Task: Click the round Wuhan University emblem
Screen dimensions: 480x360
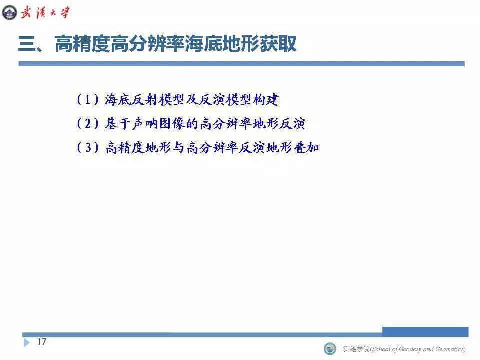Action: coord(10,13)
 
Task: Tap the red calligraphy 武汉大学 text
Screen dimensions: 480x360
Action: coord(45,13)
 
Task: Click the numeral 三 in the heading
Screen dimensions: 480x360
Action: coord(27,44)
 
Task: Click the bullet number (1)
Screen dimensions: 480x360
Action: coord(88,99)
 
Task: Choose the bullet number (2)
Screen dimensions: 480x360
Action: coord(88,123)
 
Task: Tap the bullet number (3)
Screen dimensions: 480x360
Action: coord(88,147)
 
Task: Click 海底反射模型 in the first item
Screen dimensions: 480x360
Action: coord(145,99)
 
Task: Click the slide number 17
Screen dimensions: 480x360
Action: coord(42,341)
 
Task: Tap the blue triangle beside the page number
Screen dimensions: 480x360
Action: coord(27,342)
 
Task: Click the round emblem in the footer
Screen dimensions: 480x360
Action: coord(329,348)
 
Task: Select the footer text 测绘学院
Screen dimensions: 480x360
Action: coord(356,349)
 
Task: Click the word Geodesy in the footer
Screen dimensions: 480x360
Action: coord(410,349)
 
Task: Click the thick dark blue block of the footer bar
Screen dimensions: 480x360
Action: coord(425,332)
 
